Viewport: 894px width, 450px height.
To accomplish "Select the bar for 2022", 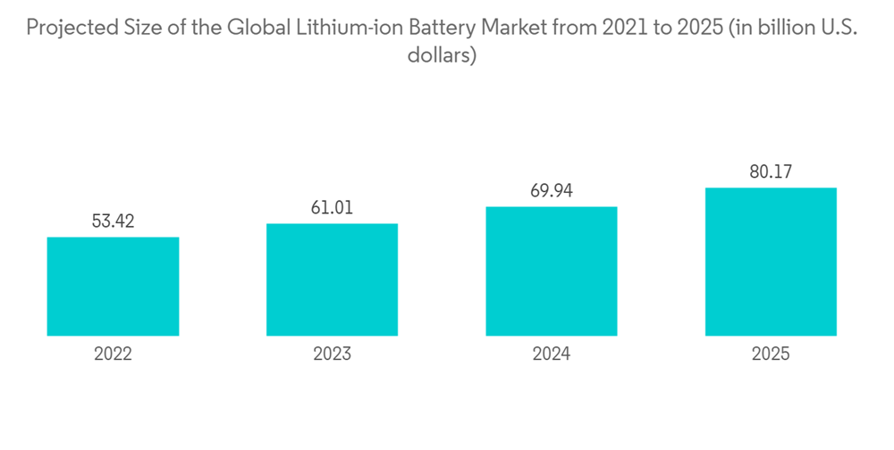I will tap(113, 287).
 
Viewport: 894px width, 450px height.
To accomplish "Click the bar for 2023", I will tap(332, 279).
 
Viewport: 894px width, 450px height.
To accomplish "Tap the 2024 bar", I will tap(552, 271).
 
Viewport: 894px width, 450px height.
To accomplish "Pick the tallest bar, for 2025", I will tap(771, 262).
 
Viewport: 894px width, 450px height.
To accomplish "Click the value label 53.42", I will tap(113, 221).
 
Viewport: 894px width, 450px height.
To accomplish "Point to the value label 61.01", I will tap(332, 208).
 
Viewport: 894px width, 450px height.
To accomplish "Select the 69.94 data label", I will tap(552, 191).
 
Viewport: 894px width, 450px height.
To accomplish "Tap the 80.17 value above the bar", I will tap(771, 172).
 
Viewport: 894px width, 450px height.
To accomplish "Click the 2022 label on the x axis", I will tap(113, 354).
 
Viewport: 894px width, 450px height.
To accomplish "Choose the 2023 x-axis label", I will tap(332, 354).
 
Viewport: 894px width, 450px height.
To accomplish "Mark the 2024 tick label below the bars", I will tap(552, 354).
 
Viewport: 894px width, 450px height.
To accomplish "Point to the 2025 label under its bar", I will tap(771, 354).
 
